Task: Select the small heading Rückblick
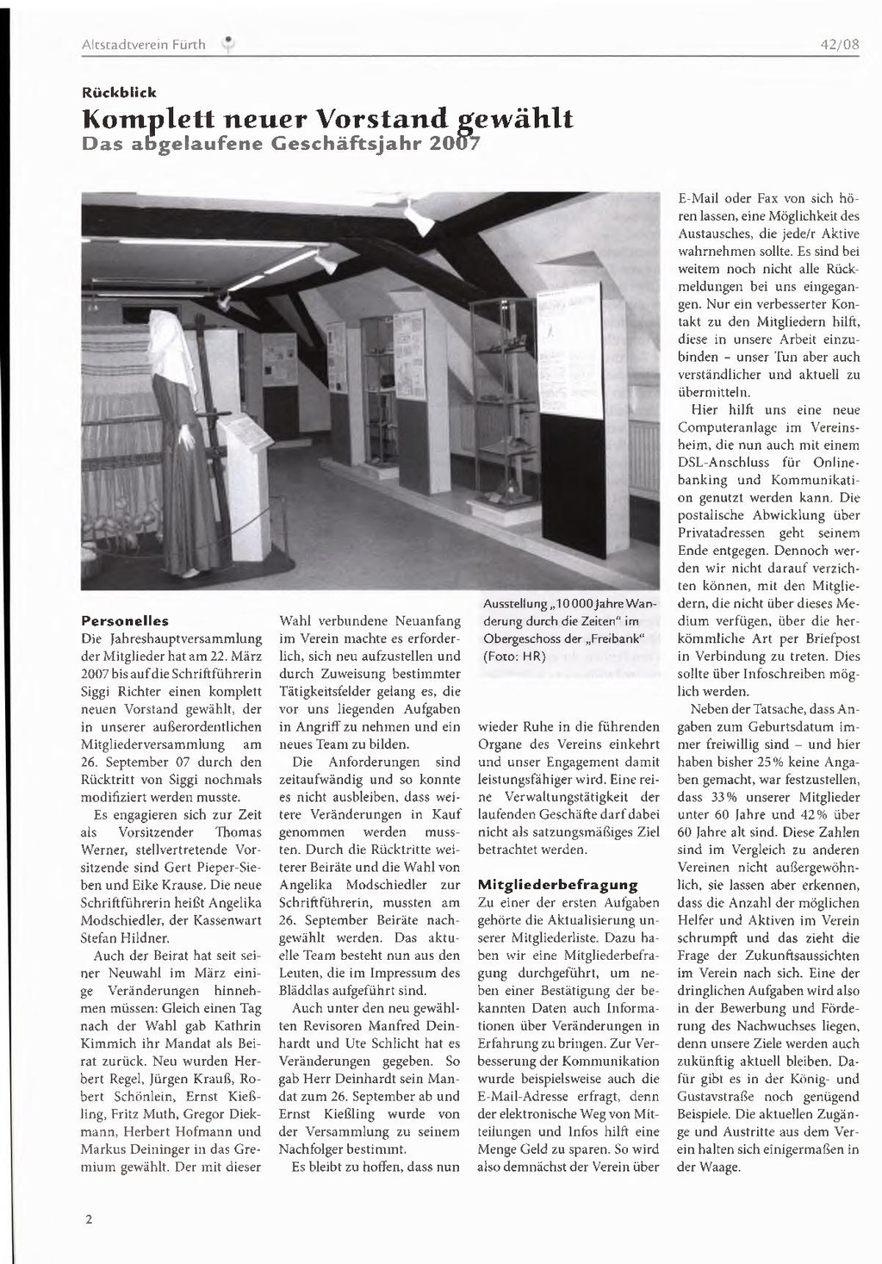point(118,91)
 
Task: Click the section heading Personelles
point(124,620)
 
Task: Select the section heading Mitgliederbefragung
point(557,884)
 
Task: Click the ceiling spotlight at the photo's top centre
point(419,220)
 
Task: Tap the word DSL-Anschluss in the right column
point(722,463)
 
